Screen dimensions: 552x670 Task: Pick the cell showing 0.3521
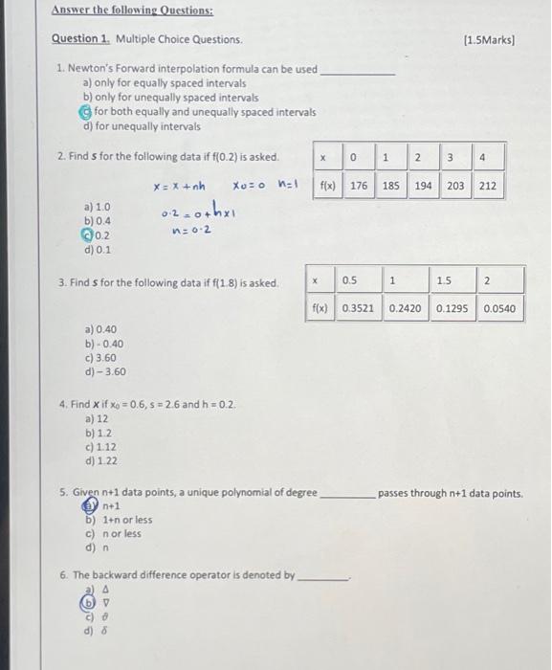(x=358, y=308)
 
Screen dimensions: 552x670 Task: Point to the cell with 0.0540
(x=499, y=308)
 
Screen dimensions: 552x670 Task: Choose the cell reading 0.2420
(x=406, y=308)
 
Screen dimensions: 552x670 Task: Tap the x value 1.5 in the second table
(x=444, y=279)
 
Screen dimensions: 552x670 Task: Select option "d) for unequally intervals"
(x=143, y=126)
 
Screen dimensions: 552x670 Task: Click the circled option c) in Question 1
(x=86, y=112)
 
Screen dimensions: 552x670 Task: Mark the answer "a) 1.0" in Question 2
(x=99, y=206)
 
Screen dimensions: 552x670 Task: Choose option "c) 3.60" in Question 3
(x=102, y=358)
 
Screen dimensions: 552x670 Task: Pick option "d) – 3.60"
(x=104, y=372)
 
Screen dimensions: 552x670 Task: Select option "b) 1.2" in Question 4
(x=99, y=434)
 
